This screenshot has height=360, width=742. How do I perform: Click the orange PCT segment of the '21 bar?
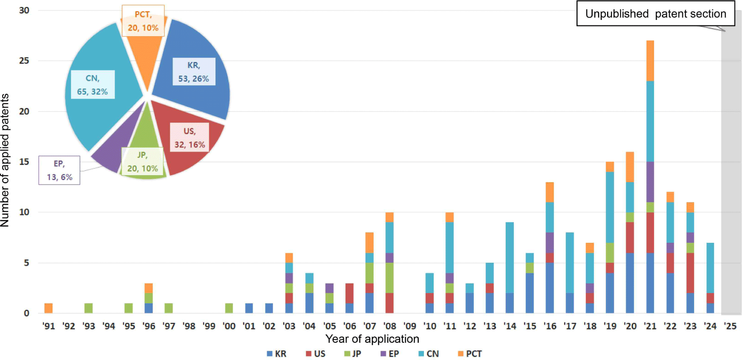[650, 61]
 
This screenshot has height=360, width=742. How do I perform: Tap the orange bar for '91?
[49, 308]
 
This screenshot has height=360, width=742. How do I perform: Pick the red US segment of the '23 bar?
[690, 273]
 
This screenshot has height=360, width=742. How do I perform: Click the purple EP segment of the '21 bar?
[650, 182]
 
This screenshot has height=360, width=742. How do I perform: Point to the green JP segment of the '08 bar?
[389, 278]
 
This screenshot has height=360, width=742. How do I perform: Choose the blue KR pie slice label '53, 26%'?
[194, 72]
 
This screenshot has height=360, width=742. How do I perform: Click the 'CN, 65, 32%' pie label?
[92, 85]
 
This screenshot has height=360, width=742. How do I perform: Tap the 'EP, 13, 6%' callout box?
[59, 170]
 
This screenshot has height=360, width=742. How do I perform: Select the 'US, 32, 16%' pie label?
[189, 138]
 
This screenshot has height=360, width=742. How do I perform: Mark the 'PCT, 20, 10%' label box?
[143, 21]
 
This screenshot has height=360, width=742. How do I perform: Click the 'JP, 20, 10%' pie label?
[142, 162]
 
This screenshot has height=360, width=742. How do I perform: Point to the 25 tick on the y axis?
[24, 61]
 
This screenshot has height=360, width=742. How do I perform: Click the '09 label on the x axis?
[410, 326]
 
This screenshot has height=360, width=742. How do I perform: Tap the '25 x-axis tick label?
[730, 326]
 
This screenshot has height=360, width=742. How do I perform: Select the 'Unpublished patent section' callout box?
[655, 14]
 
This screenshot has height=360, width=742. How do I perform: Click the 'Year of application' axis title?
[372, 339]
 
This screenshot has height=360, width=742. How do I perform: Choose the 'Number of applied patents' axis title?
[5, 160]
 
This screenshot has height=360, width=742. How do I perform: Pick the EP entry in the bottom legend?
[389, 354]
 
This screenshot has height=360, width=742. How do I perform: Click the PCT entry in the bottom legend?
[469, 354]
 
